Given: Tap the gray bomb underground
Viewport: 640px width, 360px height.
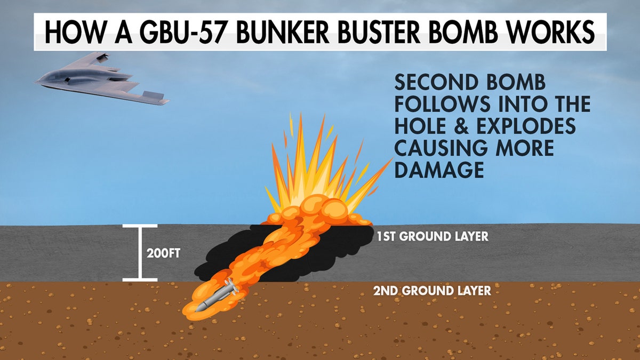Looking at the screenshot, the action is [217, 295].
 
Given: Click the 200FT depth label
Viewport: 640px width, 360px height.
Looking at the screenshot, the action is [163, 253].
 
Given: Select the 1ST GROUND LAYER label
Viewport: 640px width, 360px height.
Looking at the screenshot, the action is [433, 237].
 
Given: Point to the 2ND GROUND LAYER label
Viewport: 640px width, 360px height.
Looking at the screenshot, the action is [432, 291].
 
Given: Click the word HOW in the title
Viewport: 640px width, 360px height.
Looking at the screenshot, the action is [74, 31].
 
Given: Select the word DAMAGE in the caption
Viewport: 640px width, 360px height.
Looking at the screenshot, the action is [439, 170].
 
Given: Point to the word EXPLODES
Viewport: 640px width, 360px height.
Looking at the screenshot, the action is [526, 126].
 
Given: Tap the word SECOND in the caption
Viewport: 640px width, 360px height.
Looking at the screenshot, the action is [436, 82].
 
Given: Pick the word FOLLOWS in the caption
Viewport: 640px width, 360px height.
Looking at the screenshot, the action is [442, 103].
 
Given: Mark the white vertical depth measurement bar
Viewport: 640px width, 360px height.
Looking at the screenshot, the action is [140, 253].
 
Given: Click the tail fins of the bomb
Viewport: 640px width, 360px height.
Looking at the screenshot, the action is [231, 286].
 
